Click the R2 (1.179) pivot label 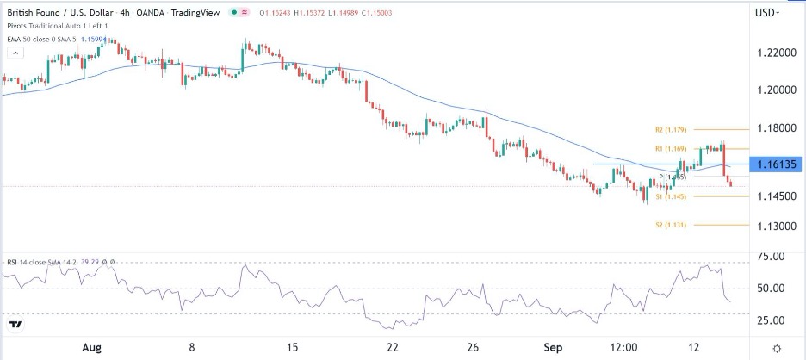[670, 130]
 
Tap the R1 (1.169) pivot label [669, 149]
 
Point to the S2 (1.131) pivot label [669, 225]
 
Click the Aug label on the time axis [93, 348]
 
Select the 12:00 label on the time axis [623, 348]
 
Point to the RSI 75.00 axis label [767, 257]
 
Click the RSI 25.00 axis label [767, 320]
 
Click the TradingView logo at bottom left [15, 326]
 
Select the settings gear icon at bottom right [778, 348]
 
